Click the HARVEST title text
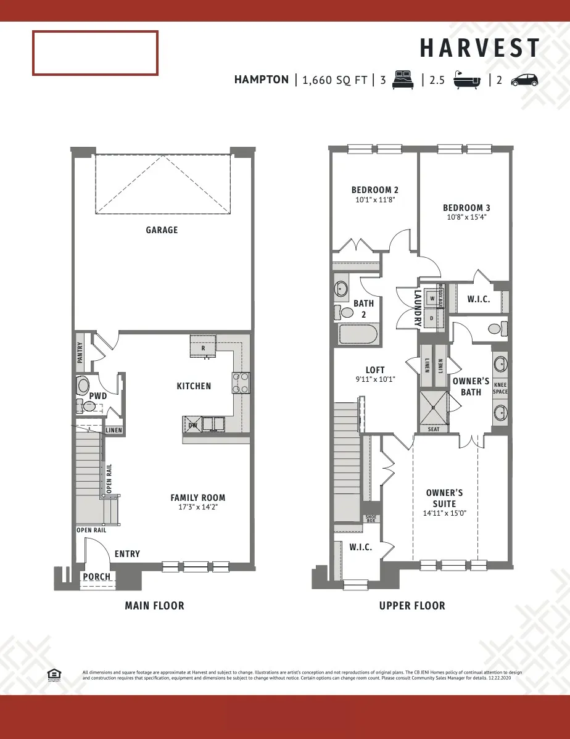(x=480, y=48)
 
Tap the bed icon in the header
(x=403, y=80)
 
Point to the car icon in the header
(x=524, y=80)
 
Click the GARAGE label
(x=162, y=230)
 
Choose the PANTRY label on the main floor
(x=80, y=353)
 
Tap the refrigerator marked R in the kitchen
(x=203, y=347)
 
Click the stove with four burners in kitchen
(x=241, y=383)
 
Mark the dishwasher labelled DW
(x=193, y=424)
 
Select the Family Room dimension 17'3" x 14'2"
(x=197, y=507)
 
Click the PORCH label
(x=97, y=577)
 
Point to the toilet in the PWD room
(x=83, y=386)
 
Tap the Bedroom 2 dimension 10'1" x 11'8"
(x=374, y=200)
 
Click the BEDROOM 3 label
(x=466, y=208)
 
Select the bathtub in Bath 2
(x=358, y=334)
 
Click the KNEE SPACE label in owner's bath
(x=500, y=389)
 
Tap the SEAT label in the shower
(x=434, y=429)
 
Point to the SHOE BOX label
(x=371, y=519)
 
